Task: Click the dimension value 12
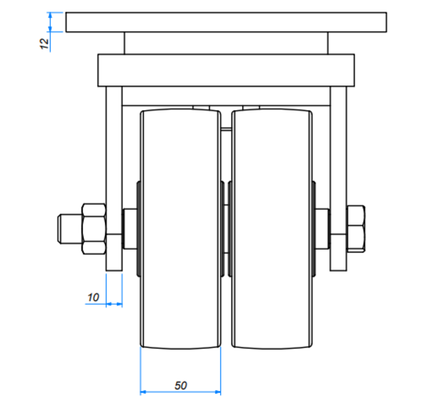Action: tap(45, 43)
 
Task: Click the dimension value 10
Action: tap(93, 297)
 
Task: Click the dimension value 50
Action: tap(181, 386)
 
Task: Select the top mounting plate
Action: tap(226, 23)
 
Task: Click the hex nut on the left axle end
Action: tap(94, 229)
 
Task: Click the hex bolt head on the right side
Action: tap(355, 229)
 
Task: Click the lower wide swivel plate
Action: tap(226, 70)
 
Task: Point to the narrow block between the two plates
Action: tap(226, 43)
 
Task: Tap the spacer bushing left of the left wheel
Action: tap(130, 229)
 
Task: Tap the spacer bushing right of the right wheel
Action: tap(322, 229)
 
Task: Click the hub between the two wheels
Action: tap(226, 229)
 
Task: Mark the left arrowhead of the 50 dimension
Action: tap(144, 392)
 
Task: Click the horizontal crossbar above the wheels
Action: tap(226, 96)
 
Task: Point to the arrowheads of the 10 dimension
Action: tap(114, 304)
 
